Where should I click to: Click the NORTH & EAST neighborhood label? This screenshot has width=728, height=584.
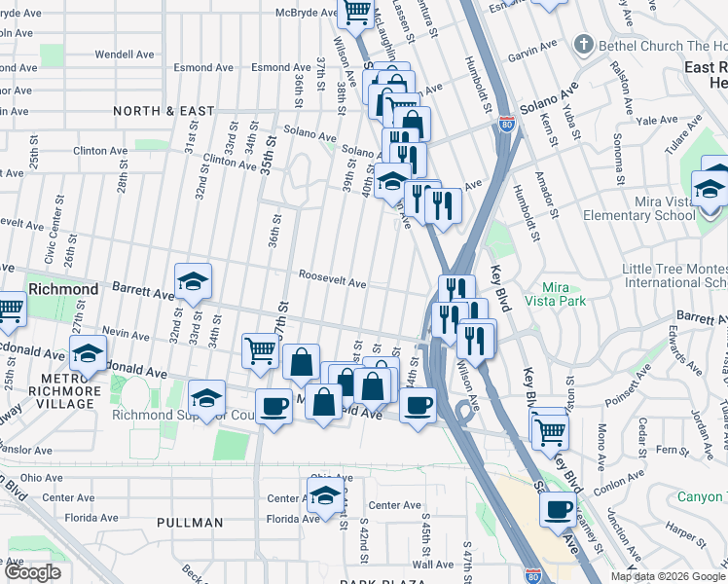(164, 111)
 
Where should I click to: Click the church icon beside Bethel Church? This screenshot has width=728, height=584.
(583, 45)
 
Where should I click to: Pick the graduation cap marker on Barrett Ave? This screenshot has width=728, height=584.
(193, 281)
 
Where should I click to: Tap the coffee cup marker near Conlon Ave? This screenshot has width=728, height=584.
(559, 509)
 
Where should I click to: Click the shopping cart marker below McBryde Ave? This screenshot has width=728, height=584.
(356, 12)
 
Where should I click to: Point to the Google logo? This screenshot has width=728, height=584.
(33, 572)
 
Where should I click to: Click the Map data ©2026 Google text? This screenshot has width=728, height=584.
(668, 576)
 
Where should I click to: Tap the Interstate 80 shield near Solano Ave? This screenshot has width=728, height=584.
(504, 125)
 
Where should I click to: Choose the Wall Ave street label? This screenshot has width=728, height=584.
(433, 565)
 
